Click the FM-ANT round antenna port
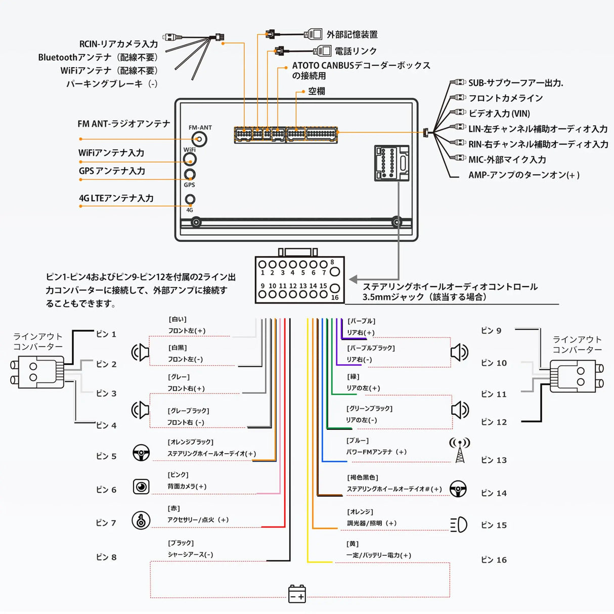click(201, 139)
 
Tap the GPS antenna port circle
click(190, 174)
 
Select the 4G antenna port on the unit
click(190, 199)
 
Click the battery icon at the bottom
click(297, 593)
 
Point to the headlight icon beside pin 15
click(459, 525)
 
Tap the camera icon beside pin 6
click(141, 487)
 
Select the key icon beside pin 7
click(141, 520)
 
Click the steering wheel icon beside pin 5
click(141, 453)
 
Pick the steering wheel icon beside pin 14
click(458, 489)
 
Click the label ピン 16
click(494, 560)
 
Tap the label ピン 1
click(106, 334)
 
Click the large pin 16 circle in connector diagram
click(334, 289)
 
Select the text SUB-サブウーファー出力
click(515, 83)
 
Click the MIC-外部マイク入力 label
click(507, 160)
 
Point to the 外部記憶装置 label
click(352, 34)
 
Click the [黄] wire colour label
click(353, 544)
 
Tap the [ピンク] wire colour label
click(178, 475)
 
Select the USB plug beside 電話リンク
click(322, 51)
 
